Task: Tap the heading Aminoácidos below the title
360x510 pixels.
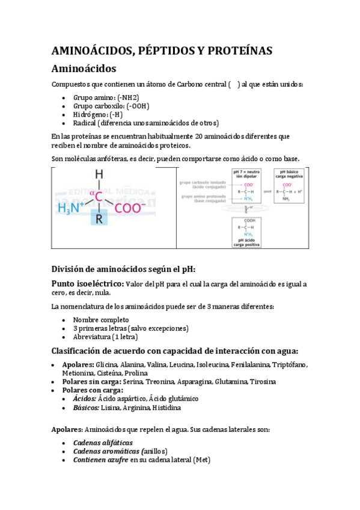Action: pyautogui.click(x=84, y=69)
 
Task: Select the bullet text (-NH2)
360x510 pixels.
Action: pyautogui.click(x=128, y=97)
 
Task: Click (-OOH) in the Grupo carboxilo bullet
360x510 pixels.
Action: pyautogui.click(x=137, y=105)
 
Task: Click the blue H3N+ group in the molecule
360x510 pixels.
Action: pyautogui.click(x=72, y=208)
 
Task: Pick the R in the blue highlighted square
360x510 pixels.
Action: pyautogui.click(x=99, y=220)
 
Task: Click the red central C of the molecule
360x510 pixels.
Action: pyautogui.click(x=99, y=195)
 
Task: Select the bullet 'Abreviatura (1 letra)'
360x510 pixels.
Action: pyautogui.click(x=106, y=337)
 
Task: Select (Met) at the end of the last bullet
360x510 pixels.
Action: pyautogui.click(x=201, y=461)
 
